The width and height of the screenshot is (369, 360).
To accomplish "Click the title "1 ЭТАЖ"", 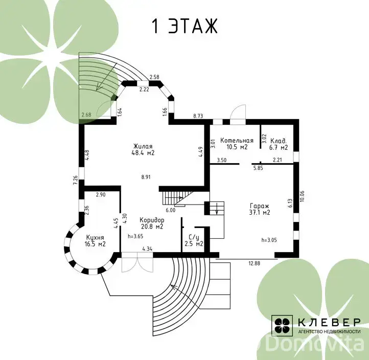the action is point(184,26).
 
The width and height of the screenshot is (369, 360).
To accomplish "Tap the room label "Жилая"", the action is point(143,146).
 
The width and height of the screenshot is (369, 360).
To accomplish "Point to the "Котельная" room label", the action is point(237,141).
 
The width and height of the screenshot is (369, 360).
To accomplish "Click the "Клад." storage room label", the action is point(279,141).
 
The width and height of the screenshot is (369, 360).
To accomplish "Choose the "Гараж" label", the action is point(259,206).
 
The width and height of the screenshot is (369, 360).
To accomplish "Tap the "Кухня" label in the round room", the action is point(95,238).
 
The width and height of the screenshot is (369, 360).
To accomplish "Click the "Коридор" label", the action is point(152,220).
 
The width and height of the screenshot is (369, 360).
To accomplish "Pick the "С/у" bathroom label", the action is point(194,237).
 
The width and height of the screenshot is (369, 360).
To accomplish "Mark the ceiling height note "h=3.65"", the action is point(135,236).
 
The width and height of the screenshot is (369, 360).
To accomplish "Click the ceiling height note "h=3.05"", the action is point(269,240).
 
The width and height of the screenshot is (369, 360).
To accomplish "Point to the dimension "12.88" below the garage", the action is point(255,263).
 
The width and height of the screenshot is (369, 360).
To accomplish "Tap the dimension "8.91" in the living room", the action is point(146,177).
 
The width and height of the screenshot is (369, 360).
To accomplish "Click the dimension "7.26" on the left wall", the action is point(76,181).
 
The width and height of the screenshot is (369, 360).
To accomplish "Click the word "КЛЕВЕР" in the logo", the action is point(329,322).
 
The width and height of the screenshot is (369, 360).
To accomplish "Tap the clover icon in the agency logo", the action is point(282,325).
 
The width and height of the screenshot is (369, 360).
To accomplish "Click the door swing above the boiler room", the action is point(238,112).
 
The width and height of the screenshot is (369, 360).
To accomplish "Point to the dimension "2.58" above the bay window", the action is point(155,77).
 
